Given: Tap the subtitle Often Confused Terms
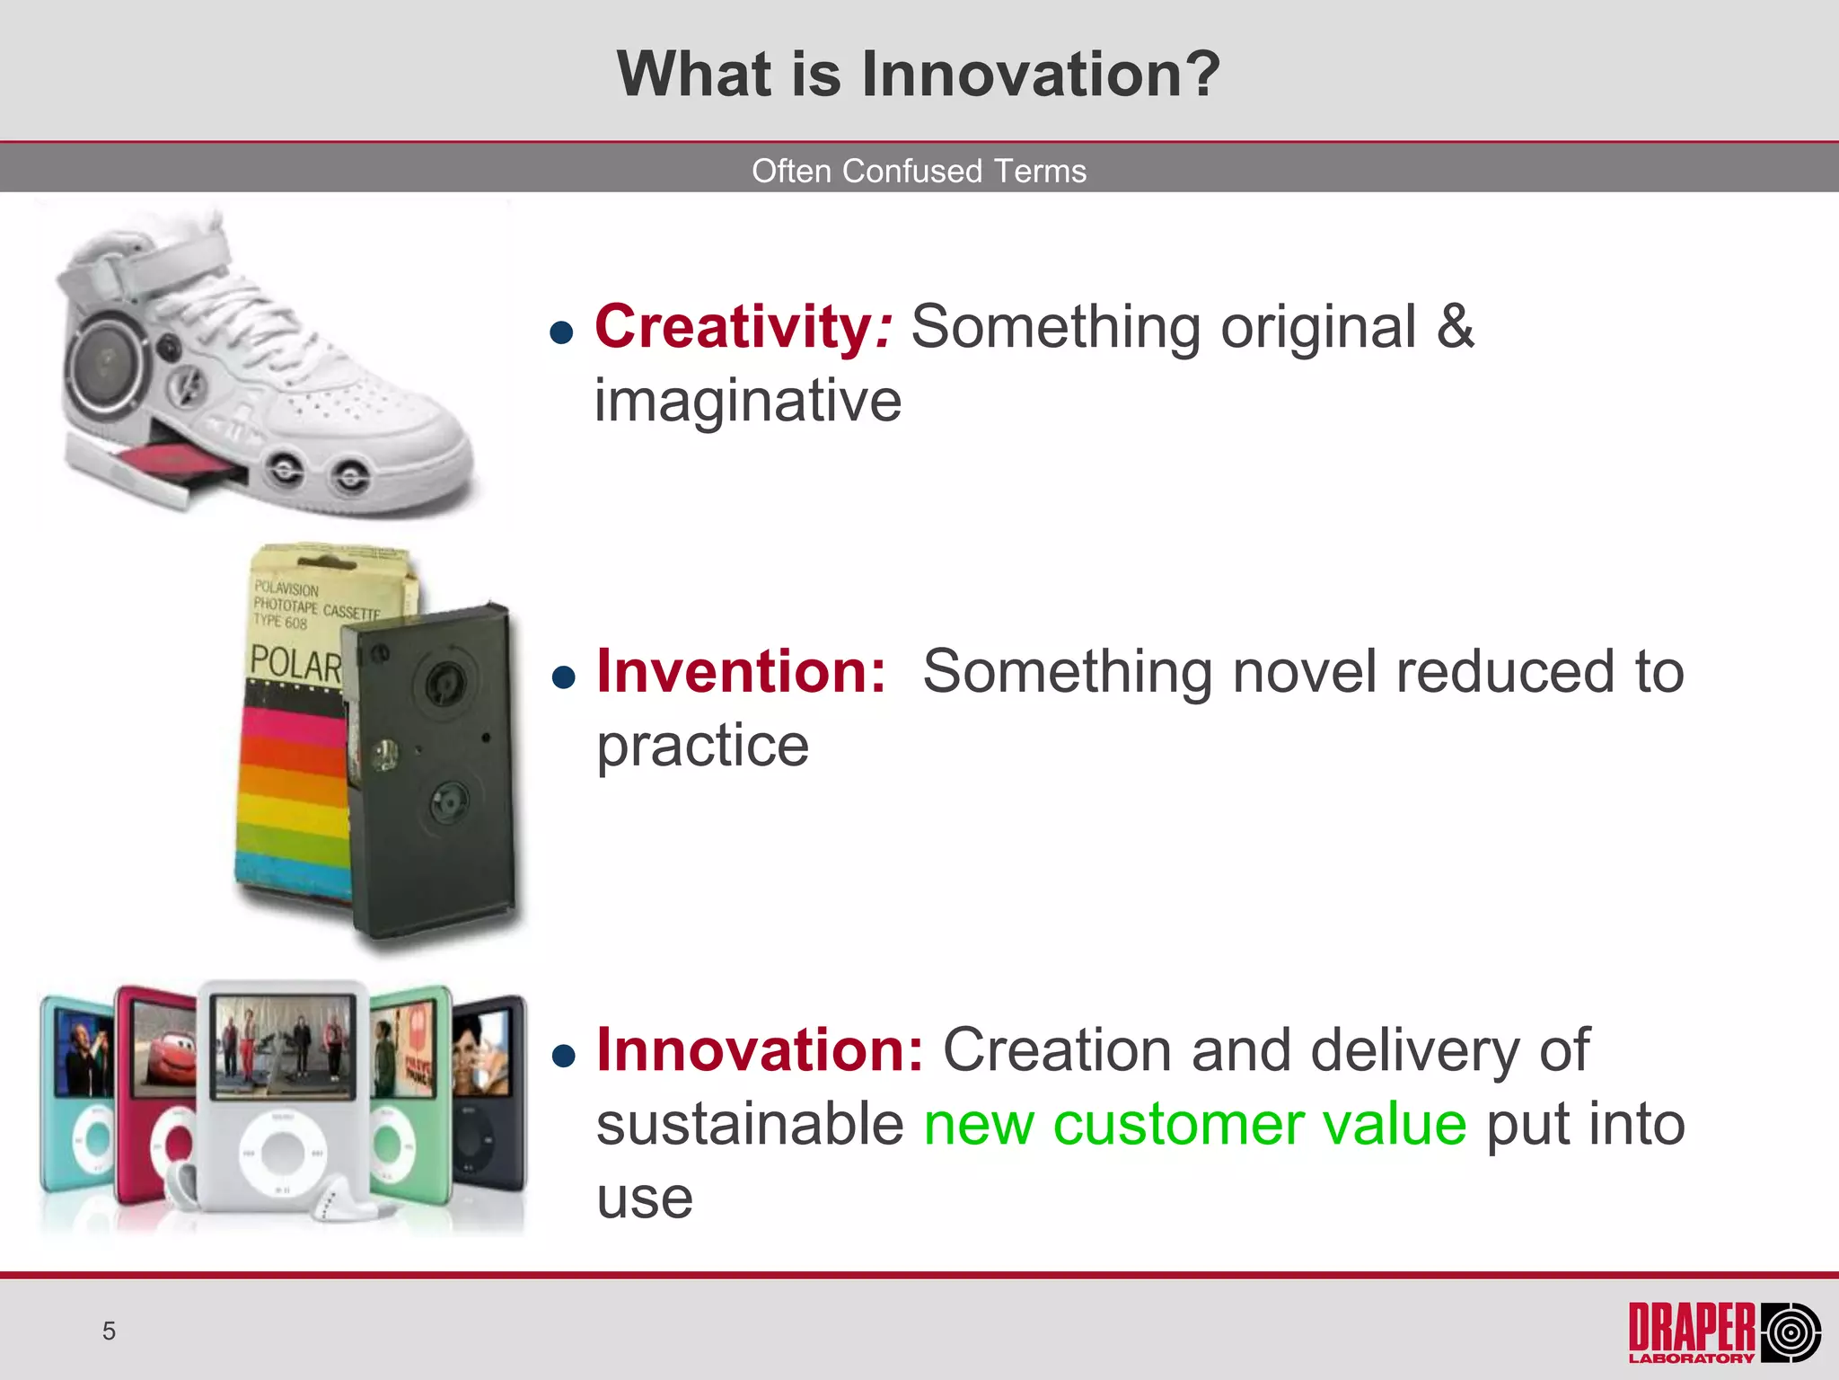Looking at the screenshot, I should pyautogui.click(x=919, y=171).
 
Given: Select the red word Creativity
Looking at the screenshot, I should pyautogui.click(x=733, y=326).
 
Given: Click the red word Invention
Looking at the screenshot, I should pyautogui.click(x=740, y=671).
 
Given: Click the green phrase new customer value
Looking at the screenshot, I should pyautogui.click(x=1194, y=1124).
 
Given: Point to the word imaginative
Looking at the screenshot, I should pyautogui.click(x=747, y=401).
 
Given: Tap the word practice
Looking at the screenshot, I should pyautogui.click(x=702, y=746).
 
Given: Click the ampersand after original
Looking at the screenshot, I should pyautogui.click(x=1455, y=326).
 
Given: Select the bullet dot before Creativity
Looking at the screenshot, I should pyautogui.click(x=561, y=333).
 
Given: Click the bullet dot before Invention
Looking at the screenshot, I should pyautogui.click(x=563, y=677).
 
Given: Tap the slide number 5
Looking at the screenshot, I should pyautogui.click(x=109, y=1331).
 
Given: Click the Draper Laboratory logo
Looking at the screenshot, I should pyautogui.click(x=1724, y=1331).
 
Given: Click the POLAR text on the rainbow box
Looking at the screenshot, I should pyautogui.click(x=295, y=664).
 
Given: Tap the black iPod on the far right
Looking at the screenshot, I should pyautogui.click(x=488, y=1092).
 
